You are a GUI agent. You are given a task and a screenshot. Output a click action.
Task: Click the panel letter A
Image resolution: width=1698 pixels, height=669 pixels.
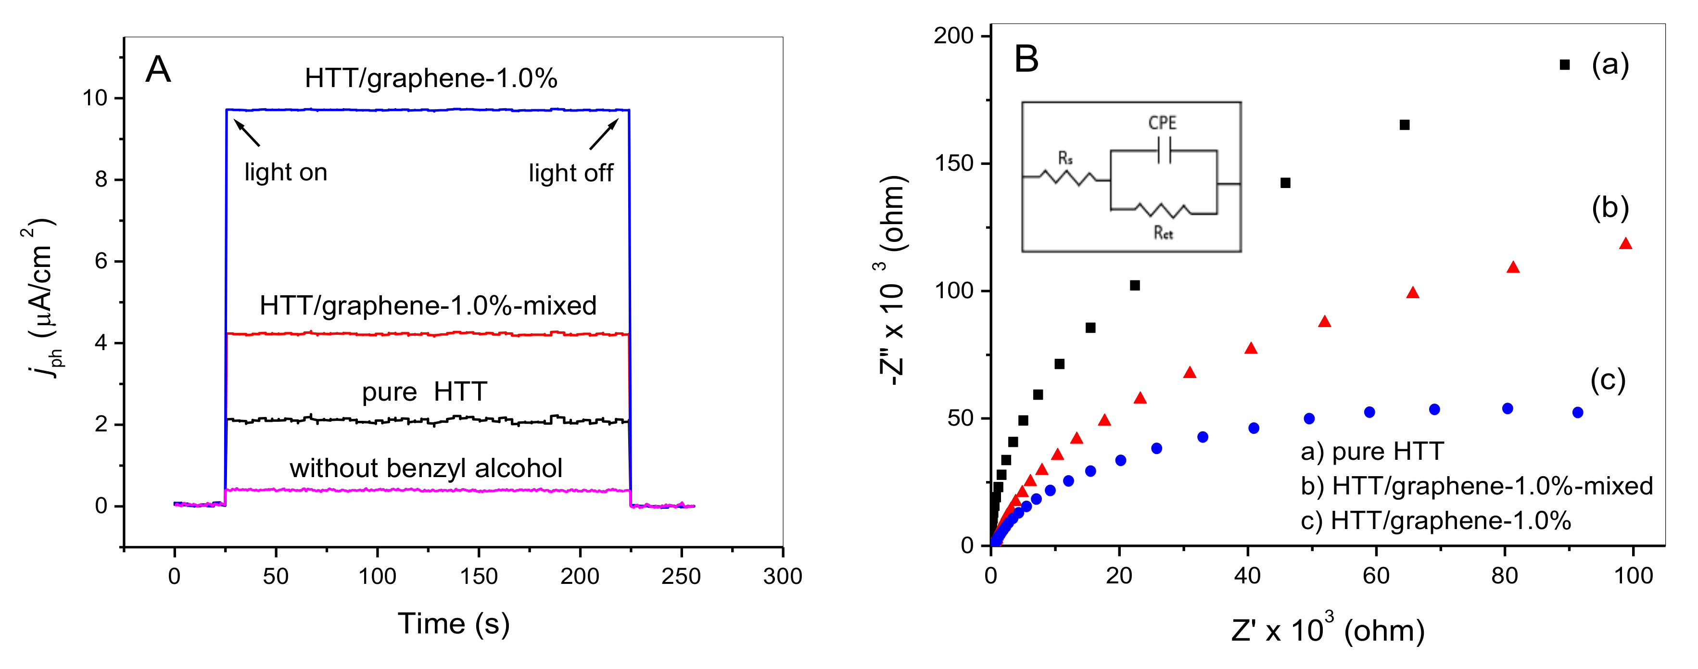tap(158, 70)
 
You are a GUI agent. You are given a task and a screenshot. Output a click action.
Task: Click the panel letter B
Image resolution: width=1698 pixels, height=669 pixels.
tap(1026, 59)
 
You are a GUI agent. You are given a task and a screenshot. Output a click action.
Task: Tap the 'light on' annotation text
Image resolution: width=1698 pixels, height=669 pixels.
tap(285, 173)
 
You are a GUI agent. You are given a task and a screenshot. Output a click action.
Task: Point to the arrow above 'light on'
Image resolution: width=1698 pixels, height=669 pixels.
tap(247, 132)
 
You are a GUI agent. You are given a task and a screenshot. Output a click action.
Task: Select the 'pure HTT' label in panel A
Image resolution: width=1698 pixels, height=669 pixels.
tap(424, 392)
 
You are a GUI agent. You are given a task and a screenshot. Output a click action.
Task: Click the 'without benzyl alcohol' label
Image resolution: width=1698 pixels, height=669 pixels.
tap(426, 468)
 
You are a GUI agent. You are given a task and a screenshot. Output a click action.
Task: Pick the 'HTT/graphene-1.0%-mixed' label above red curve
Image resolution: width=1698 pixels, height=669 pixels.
tap(428, 306)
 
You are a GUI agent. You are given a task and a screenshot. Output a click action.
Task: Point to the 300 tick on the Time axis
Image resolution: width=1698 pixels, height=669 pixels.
tap(783, 577)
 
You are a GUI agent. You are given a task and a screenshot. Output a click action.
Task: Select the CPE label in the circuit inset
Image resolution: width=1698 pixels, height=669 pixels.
tap(1162, 123)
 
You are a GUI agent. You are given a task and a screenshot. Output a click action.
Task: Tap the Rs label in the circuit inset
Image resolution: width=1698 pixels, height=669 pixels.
tap(1065, 158)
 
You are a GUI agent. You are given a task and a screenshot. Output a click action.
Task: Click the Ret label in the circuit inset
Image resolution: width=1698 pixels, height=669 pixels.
tap(1163, 233)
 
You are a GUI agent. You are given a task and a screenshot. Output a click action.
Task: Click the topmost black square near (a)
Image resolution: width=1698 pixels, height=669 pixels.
tap(1565, 64)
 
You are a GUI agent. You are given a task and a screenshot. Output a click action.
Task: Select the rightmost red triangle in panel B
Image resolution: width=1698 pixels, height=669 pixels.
tap(1625, 244)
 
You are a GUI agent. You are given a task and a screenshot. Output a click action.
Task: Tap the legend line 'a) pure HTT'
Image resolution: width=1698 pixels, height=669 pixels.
tap(1372, 452)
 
